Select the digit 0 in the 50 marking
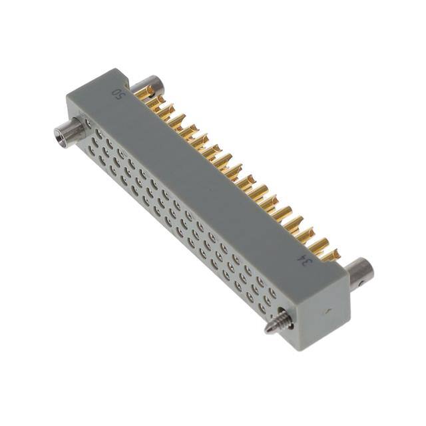tap(118, 91)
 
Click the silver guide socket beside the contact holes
tap(70, 131)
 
